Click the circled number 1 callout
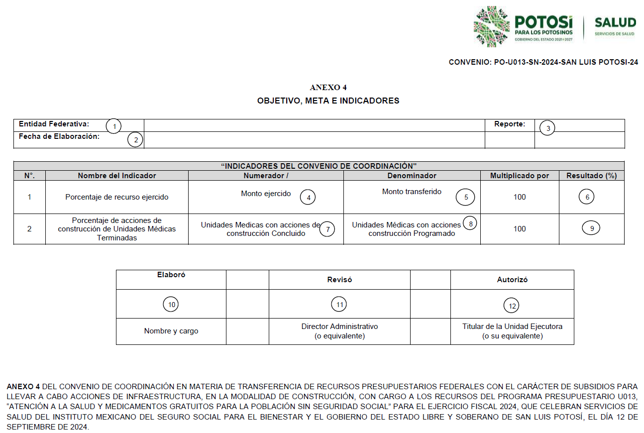pos(114,126)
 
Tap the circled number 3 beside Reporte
pos(548,128)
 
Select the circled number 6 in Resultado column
pos(587,197)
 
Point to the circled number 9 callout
pos(591,228)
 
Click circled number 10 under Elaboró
pos(171,305)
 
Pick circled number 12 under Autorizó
pos(512,306)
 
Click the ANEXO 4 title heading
pos(328,88)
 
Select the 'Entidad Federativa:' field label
pos(54,124)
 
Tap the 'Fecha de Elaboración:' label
pos(59,136)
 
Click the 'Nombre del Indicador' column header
pos(117,176)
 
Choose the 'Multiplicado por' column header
pos(520,176)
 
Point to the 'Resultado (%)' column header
pos(592,176)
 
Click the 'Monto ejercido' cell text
pos(266,194)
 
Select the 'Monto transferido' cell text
pos(412,192)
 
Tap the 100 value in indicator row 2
pos(520,229)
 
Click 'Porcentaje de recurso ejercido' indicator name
pos(117,197)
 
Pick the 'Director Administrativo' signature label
pos(339,326)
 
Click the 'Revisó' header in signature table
pos(339,280)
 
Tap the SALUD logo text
pos(615,22)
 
